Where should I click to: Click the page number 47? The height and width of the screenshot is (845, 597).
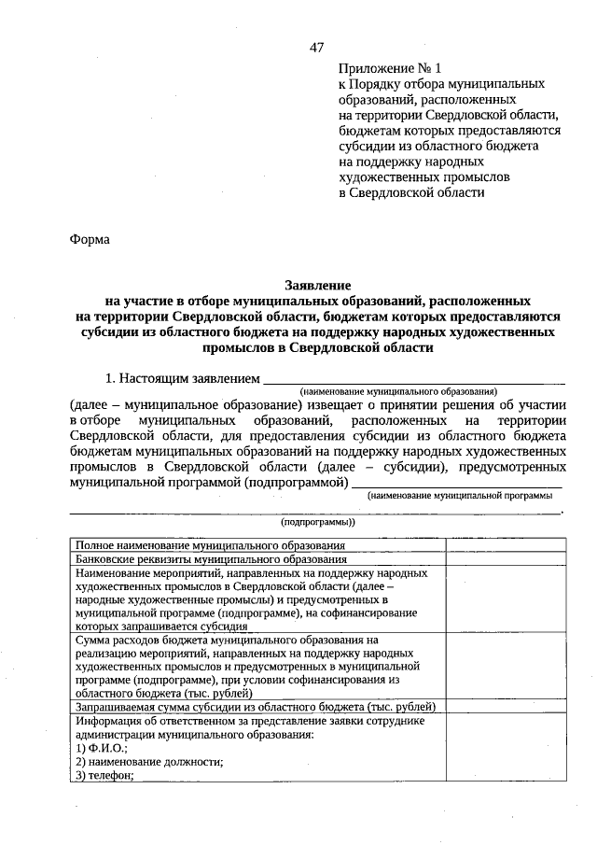[316, 48]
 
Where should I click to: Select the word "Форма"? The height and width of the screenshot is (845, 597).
[90, 239]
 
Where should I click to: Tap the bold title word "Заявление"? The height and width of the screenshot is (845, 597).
[317, 286]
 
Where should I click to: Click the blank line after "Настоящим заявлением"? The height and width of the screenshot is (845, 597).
[415, 380]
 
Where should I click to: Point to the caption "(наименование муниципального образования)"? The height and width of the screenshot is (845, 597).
[398, 392]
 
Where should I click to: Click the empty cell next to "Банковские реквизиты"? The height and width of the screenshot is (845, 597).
[505, 558]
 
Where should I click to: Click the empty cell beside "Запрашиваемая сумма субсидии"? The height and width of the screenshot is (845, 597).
[505, 708]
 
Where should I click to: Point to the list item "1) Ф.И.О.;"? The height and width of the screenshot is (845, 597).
[102, 749]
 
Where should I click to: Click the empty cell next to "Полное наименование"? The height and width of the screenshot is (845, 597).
[505, 544]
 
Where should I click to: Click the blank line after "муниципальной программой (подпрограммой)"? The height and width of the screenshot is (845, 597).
[457, 483]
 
